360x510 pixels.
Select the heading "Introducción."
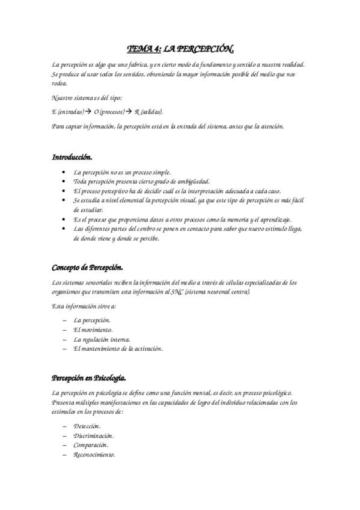[72, 158]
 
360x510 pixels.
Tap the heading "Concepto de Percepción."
[88, 268]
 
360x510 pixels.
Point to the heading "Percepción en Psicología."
[90, 378]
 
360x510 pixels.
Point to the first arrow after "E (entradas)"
[87, 112]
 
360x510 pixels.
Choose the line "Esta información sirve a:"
[84, 306]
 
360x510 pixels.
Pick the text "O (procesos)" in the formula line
[109, 112]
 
